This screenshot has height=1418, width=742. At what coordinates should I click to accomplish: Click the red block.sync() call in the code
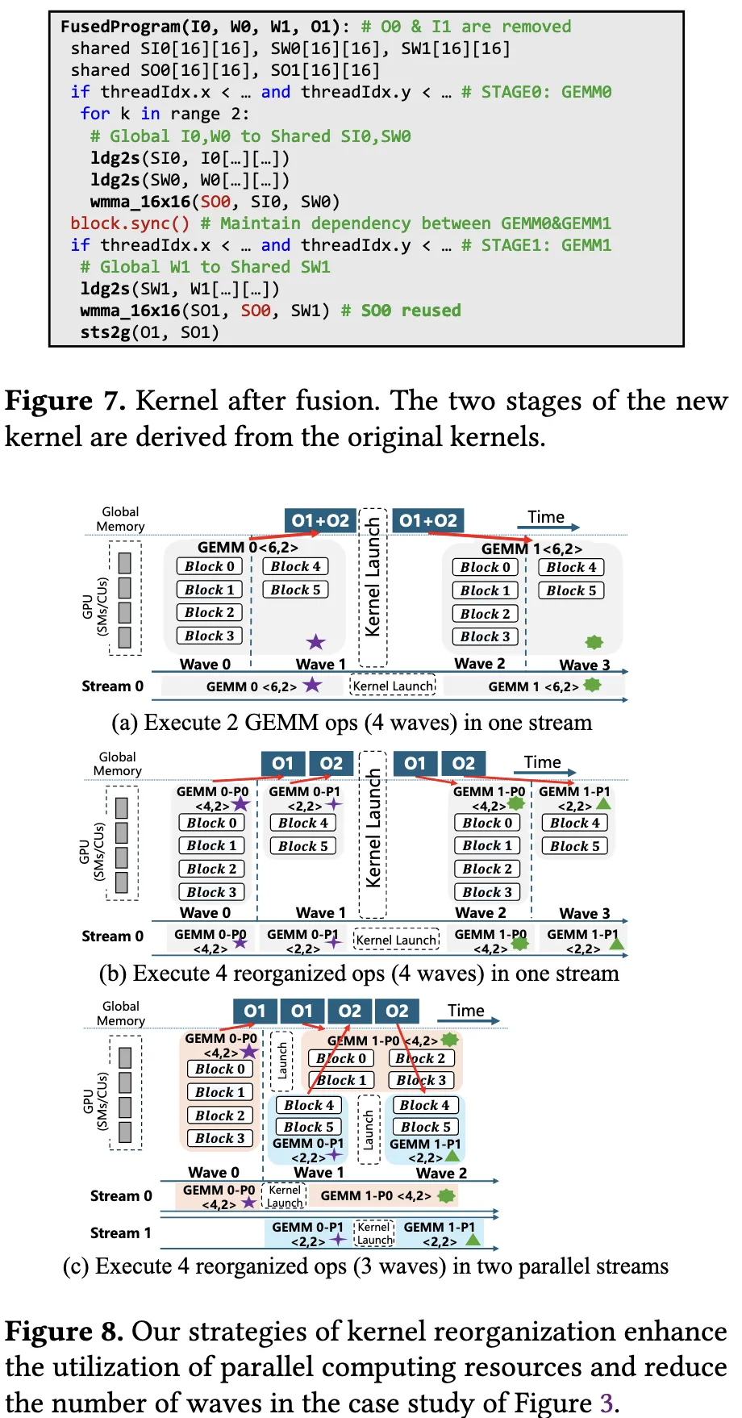tap(130, 223)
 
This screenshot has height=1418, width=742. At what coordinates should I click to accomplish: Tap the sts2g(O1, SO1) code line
tap(149, 332)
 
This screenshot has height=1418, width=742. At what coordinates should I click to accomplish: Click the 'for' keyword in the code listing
tap(94, 114)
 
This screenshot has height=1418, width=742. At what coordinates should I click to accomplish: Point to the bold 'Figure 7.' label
tap(65, 401)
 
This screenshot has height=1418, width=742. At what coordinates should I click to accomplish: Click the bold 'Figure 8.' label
tap(65, 1331)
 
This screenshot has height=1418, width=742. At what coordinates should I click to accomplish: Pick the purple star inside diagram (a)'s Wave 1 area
tap(315, 642)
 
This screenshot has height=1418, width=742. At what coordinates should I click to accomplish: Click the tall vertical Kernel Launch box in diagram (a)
tap(373, 586)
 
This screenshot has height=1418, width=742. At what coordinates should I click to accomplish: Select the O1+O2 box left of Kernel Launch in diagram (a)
tap(320, 521)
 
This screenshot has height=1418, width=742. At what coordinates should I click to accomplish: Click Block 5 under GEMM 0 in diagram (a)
tap(295, 590)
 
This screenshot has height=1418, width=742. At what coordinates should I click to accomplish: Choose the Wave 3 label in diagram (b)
tap(584, 914)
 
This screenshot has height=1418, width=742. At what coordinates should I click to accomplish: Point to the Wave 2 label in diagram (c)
tap(441, 1173)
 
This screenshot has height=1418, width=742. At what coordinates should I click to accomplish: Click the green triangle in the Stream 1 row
tap(473, 1239)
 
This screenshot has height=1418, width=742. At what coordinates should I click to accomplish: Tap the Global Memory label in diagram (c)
tap(121, 1013)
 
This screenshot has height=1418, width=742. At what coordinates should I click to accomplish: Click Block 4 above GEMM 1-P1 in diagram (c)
tap(424, 1105)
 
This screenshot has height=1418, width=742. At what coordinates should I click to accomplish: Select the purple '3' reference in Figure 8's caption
tap(607, 1403)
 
